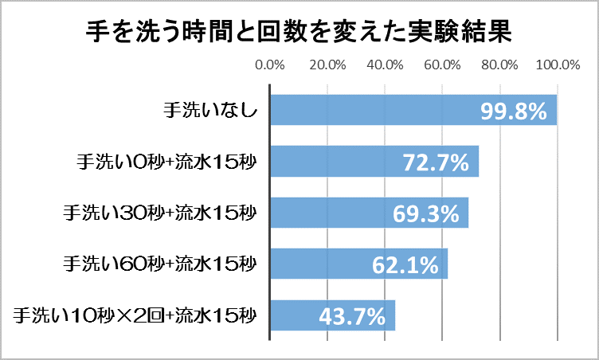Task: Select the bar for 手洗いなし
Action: (374, 110)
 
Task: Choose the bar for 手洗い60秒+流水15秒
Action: (319, 263)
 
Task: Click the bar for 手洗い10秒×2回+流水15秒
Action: (295, 314)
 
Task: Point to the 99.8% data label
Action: (514, 112)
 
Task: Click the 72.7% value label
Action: (435, 163)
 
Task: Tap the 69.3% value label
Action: (426, 213)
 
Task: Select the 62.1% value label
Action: (405, 264)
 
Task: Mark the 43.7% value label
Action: (352, 315)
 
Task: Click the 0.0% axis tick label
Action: (270, 65)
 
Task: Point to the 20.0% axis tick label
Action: (327, 65)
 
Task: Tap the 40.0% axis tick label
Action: (385, 65)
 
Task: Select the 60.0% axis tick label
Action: (442, 65)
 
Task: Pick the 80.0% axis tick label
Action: (499, 65)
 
